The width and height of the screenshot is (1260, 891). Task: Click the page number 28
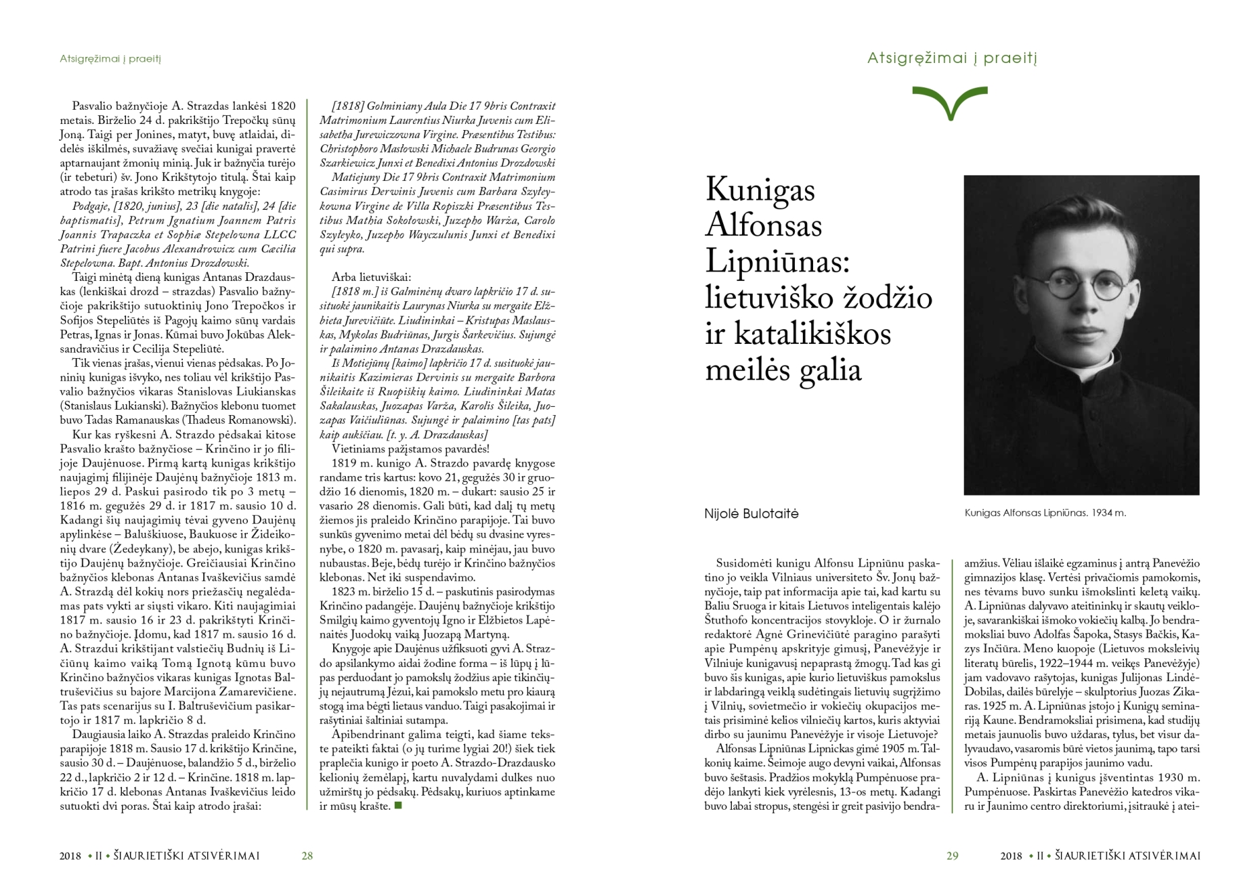tap(307, 856)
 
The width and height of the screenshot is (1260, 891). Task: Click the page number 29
tap(952, 856)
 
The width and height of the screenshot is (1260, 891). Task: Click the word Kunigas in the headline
tap(760, 190)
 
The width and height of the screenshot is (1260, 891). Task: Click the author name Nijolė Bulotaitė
tap(751, 514)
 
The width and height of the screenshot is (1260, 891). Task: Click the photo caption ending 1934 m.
tap(1045, 513)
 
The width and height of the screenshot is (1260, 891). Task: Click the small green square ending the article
tap(398, 806)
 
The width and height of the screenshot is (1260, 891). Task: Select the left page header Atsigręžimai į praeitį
tap(110, 59)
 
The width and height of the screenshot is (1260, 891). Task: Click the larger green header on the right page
tap(952, 58)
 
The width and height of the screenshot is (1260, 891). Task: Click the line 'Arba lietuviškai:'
tap(371, 277)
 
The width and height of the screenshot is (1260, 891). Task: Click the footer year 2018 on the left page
tap(70, 856)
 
